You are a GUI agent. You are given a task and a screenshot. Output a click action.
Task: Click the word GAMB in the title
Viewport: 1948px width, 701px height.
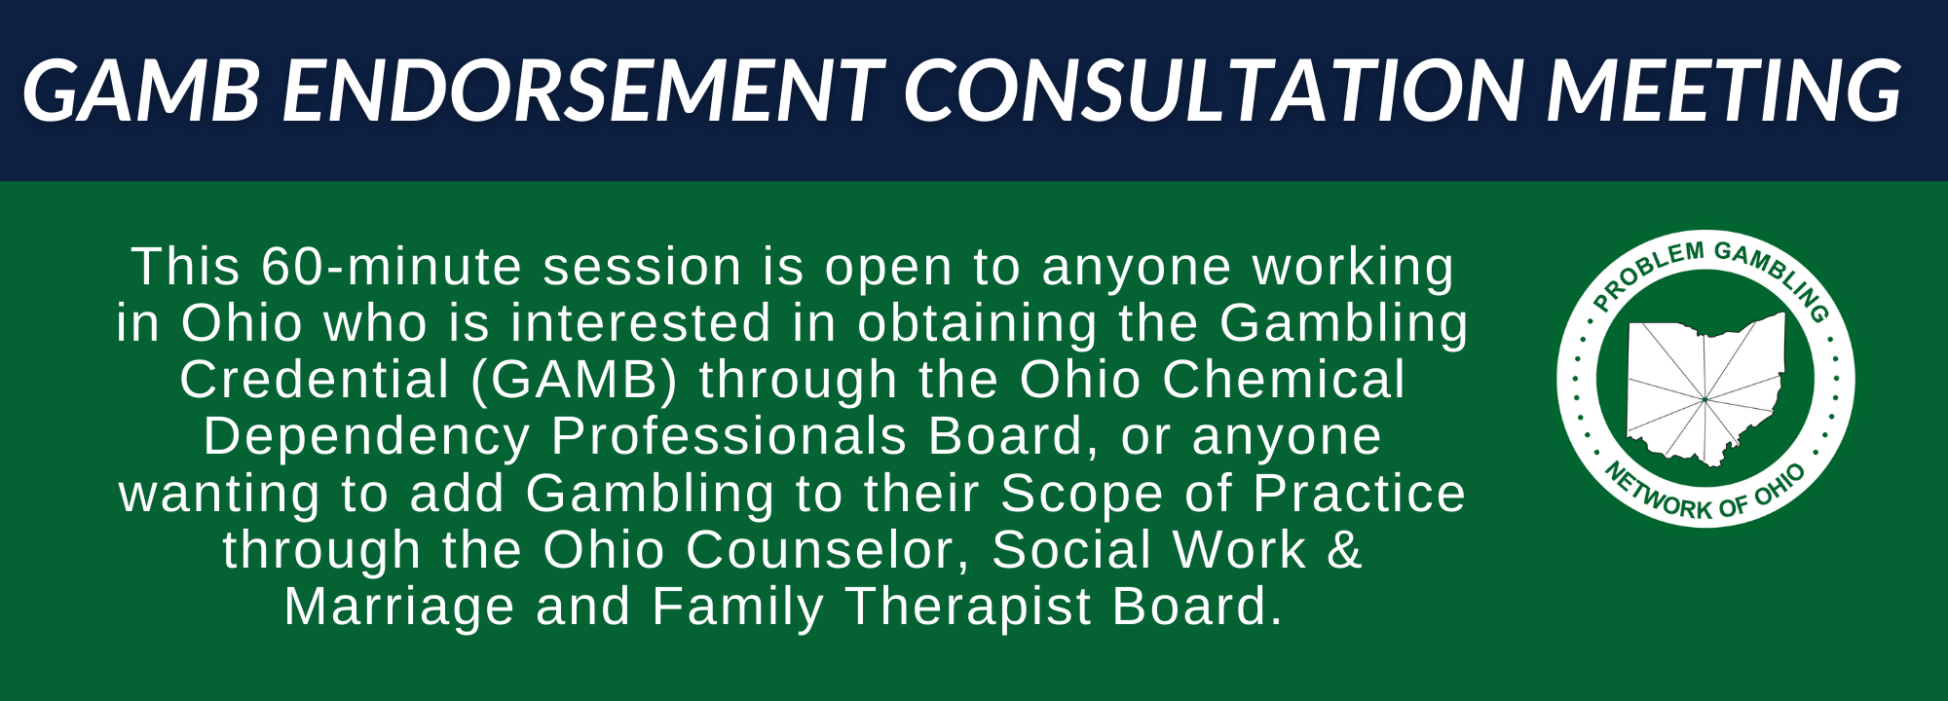(x=141, y=91)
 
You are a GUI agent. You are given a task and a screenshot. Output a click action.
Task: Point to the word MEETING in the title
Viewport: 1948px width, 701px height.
(x=1723, y=91)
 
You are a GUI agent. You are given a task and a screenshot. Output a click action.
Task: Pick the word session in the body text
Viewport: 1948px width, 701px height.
(x=643, y=267)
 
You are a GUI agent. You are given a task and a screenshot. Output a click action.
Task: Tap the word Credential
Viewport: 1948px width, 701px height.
(x=315, y=380)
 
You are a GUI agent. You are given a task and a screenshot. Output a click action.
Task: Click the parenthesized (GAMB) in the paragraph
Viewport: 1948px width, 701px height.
(x=574, y=381)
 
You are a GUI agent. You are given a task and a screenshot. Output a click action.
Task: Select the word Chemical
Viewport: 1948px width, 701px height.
(x=1284, y=380)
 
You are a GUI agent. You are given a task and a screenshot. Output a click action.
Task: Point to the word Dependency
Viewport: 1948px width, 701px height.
(x=366, y=437)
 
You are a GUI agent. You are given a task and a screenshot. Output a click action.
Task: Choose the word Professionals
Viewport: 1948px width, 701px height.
(x=729, y=436)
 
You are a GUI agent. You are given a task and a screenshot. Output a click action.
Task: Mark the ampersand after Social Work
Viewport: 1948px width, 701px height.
(x=1344, y=550)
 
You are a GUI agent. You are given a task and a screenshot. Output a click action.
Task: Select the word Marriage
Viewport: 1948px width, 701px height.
(x=399, y=608)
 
